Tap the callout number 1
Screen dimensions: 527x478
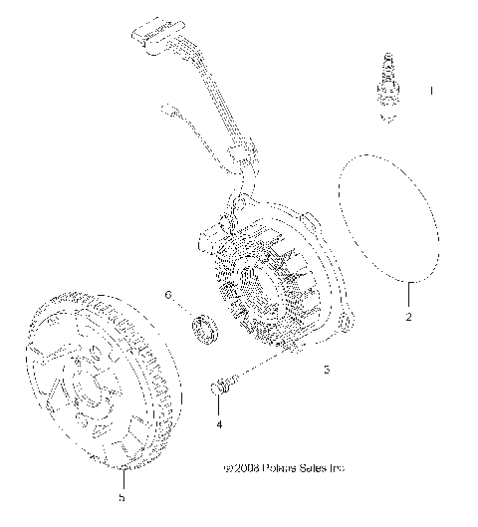coord(431,91)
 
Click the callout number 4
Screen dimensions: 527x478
coord(219,421)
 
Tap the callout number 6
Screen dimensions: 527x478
coord(168,296)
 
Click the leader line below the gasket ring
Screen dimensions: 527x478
coord(408,293)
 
